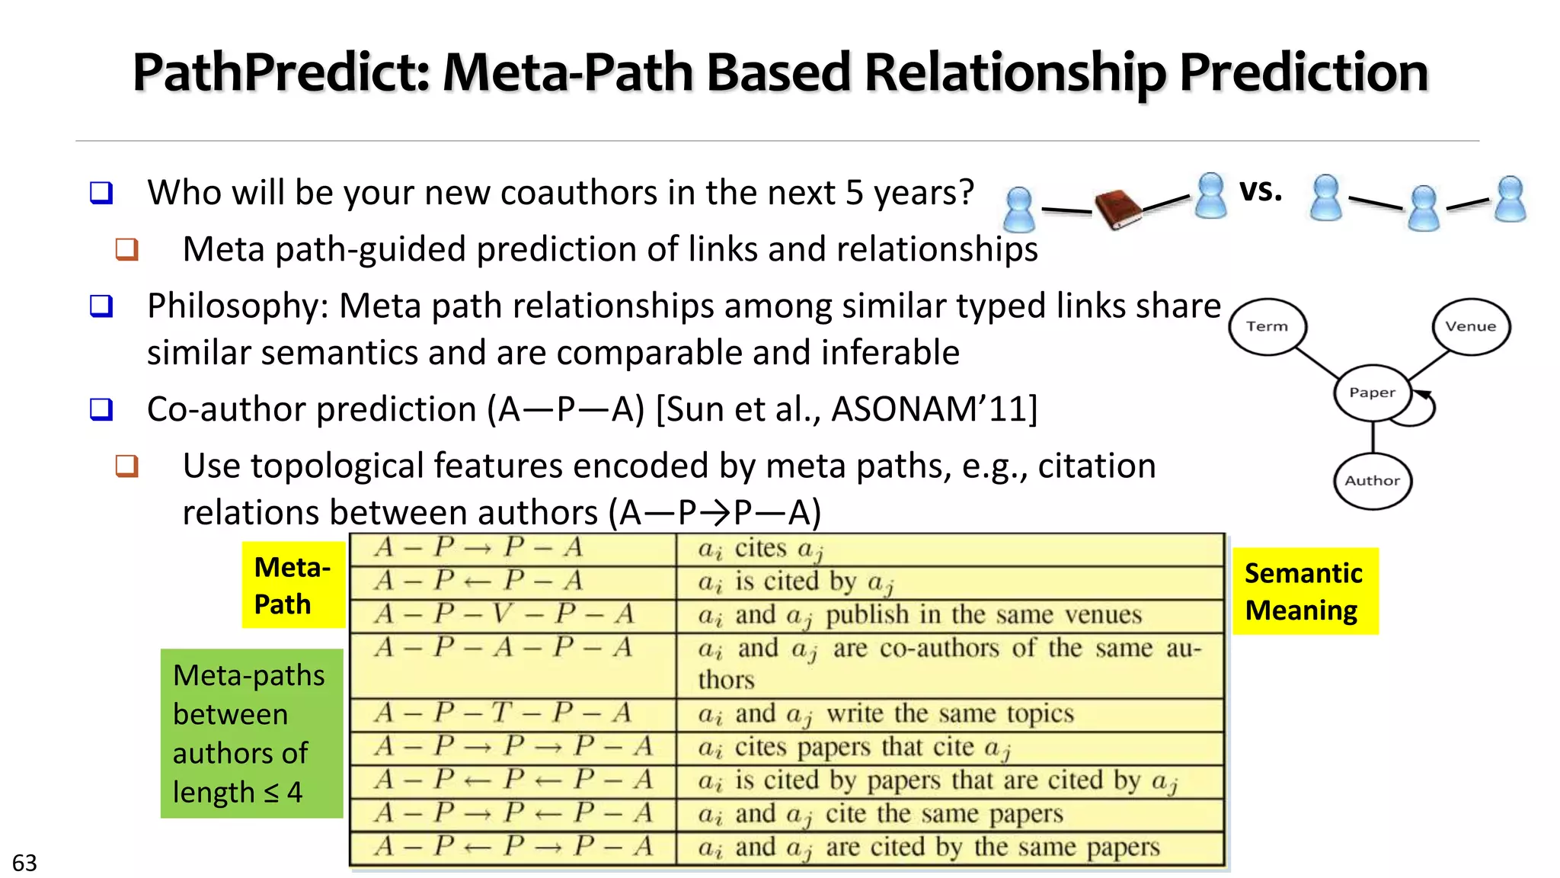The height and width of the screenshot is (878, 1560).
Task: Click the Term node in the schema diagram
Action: [1267, 326]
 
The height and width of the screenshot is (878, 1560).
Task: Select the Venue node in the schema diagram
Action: [1471, 326]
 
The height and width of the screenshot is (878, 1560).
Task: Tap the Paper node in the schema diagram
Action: [1372, 393]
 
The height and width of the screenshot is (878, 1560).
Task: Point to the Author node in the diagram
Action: [1372, 481]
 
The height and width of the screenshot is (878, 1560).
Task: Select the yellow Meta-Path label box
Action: [293, 585]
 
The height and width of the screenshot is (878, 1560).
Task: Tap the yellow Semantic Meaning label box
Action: [1305, 591]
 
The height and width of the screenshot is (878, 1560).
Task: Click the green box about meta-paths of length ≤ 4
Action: [251, 733]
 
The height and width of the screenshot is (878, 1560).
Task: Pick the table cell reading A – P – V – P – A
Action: [504, 614]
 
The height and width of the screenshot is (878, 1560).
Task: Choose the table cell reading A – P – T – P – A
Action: [504, 713]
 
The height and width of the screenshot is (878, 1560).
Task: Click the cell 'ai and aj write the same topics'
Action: [886, 714]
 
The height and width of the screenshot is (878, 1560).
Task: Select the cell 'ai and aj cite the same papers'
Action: [881, 814]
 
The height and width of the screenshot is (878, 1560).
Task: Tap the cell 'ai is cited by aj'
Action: [795, 582]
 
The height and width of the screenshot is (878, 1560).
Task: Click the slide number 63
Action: [24, 863]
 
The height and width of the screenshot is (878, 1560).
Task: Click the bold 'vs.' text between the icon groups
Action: [1261, 191]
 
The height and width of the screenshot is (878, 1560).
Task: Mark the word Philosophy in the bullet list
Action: [237, 306]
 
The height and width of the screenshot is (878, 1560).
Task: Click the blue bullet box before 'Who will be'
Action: [101, 192]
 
